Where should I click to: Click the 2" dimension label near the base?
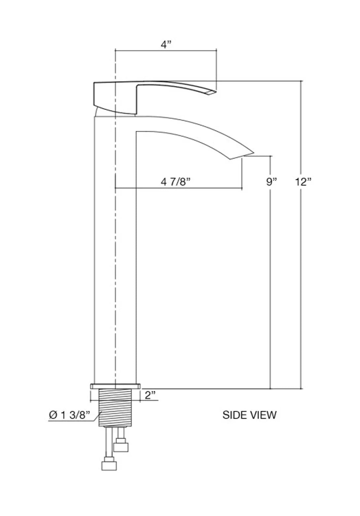tap(150, 395)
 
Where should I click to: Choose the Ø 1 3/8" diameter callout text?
tap(69, 415)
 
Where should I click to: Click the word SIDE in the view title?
tap(234, 415)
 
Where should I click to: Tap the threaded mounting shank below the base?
tap(116, 408)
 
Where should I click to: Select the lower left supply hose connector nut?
tap(109, 465)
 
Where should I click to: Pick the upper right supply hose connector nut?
tap(121, 447)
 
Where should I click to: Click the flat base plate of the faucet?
tap(115, 386)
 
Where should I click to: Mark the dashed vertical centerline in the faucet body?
tap(115, 264)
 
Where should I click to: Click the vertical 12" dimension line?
tap(301, 264)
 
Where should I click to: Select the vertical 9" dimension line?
tap(270, 281)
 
